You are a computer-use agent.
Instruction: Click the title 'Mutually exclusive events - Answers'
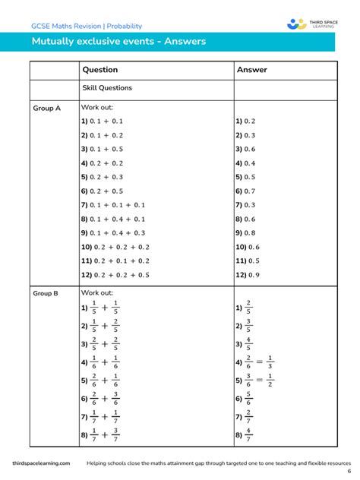coord(118,42)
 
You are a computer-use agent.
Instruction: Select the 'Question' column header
coord(99,70)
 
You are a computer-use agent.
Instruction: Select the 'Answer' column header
coord(252,70)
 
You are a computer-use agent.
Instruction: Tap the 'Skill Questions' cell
coord(106,88)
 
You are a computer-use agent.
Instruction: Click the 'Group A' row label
coord(46,109)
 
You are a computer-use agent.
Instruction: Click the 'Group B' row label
coord(46,292)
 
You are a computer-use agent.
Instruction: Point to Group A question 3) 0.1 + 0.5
coord(102,149)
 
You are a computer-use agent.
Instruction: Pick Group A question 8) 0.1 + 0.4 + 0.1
coord(112,219)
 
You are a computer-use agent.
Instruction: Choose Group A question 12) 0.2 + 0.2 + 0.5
coord(115,275)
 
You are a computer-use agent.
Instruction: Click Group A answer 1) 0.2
coord(245,122)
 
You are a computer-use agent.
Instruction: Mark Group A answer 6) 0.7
coord(245,191)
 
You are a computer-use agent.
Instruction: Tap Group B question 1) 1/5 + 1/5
coord(100,308)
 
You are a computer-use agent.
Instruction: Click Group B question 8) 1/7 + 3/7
coord(100,435)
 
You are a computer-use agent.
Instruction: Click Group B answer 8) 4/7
coord(244,435)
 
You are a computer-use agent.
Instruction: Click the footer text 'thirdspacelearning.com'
coord(41,463)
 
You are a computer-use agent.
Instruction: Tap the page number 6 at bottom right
coord(349,471)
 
